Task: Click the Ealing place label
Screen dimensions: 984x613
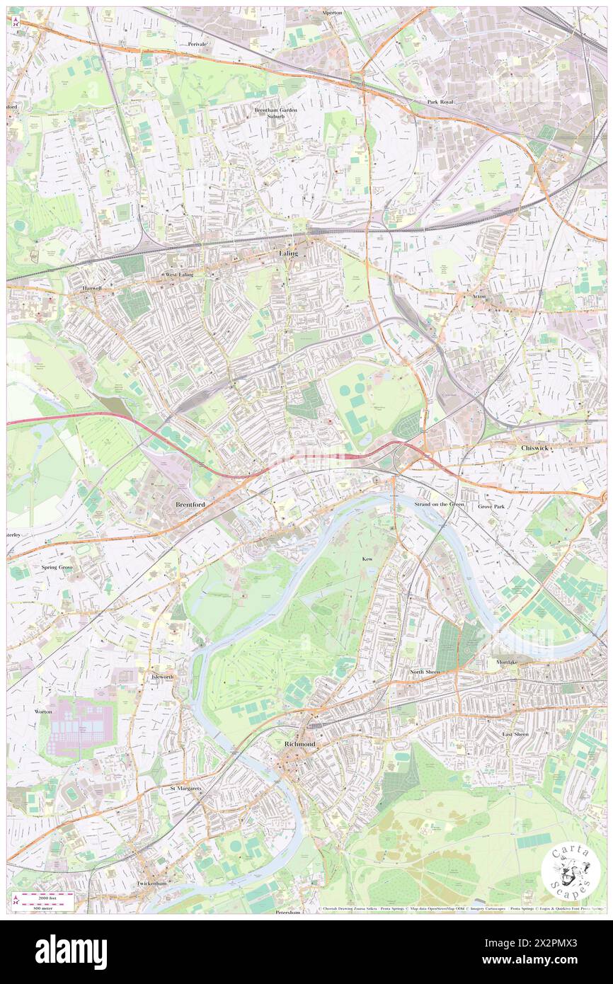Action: coord(287,253)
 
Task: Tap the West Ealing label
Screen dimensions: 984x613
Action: coord(180,274)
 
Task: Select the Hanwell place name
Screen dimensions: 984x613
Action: coord(89,288)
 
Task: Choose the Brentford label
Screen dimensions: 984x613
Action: coord(190,504)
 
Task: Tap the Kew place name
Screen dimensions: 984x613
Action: coord(367,559)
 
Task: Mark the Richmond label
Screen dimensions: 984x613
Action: coord(299,745)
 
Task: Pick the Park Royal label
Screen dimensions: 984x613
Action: coord(440,102)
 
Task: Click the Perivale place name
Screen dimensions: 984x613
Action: coord(197,44)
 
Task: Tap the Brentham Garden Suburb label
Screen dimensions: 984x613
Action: coord(275,113)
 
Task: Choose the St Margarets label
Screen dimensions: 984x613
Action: coord(185,787)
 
